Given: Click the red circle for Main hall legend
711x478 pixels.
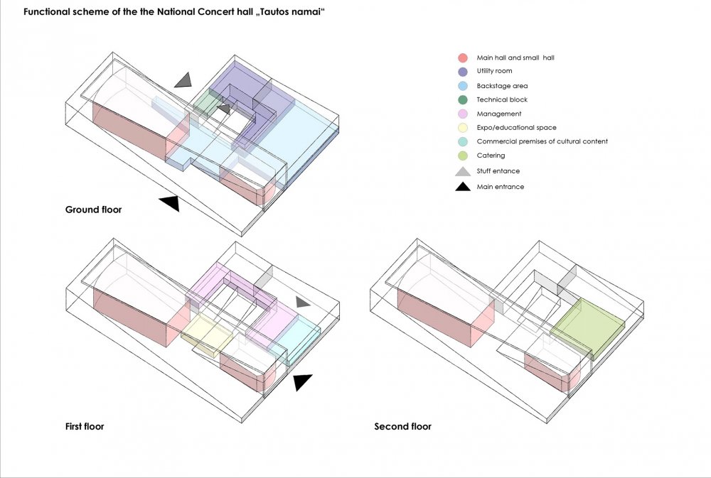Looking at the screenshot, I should (x=463, y=58).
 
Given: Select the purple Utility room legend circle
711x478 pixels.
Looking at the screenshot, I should (x=463, y=72).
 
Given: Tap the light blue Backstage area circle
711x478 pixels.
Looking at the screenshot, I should (x=463, y=86).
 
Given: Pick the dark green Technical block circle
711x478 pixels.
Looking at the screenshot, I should (x=463, y=100).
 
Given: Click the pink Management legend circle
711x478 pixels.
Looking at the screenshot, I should (x=463, y=114).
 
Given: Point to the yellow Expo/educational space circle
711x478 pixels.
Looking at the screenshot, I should (x=463, y=128).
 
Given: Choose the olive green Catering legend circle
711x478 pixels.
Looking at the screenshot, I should (x=463, y=156).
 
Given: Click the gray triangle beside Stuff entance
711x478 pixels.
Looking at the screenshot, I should (x=463, y=171).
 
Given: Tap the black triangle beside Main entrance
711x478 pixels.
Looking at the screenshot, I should (x=463, y=187).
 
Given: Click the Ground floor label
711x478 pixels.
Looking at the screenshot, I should (x=93, y=210).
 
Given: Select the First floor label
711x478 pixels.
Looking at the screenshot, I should (x=85, y=426).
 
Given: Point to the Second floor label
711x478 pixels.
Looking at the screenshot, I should (x=402, y=426).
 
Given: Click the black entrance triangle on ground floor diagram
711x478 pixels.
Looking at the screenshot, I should (x=170, y=203).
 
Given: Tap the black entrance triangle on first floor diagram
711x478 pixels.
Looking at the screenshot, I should (x=302, y=382).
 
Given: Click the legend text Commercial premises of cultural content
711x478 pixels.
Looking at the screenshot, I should (x=542, y=141).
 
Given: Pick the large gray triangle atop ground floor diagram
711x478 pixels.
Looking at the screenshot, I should (x=183, y=80).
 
